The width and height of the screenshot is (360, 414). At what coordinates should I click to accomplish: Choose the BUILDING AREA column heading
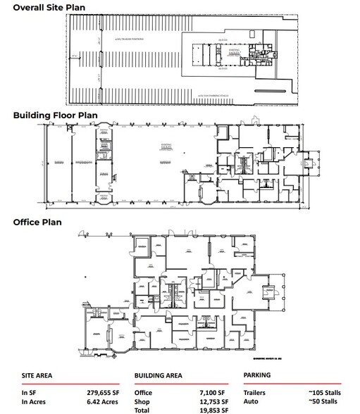click(x=156, y=376)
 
